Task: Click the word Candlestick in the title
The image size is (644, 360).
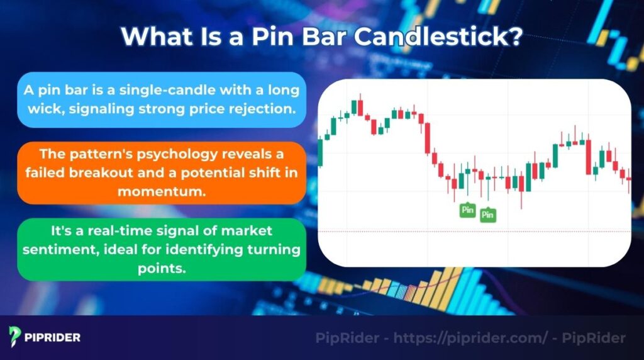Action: (x=437, y=37)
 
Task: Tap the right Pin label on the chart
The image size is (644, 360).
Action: (x=487, y=215)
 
